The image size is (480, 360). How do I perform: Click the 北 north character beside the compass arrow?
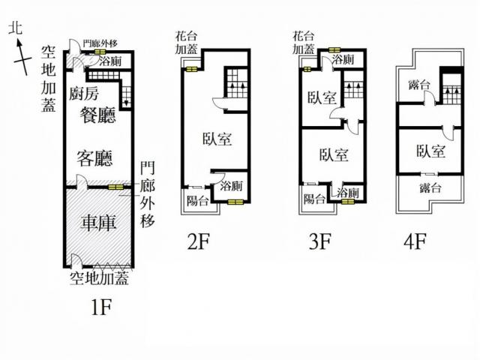pyautogui.click(x=16, y=28)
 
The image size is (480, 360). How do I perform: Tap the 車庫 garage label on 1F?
pyautogui.click(x=98, y=223)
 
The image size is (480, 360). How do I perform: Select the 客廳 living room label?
pyautogui.click(x=95, y=158)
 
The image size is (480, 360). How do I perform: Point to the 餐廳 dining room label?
pyautogui.click(x=98, y=115)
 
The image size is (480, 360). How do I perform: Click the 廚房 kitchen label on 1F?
pyautogui.click(x=83, y=93)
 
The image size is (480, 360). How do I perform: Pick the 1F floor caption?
pyautogui.click(x=101, y=307)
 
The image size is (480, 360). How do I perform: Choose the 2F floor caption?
pyautogui.click(x=198, y=241)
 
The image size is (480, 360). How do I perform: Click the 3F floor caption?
pyautogui.click(x=320, y=241)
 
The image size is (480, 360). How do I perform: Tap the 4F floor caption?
pyautogui.click(x=415, y=241)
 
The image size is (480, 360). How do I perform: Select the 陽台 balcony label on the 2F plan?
pyautogui.click(x=198, y=201)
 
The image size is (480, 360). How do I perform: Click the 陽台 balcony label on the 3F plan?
pyautogui.click(x=314, y=199)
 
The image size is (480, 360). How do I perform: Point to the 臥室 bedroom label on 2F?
pyautogui.click(x=217, y=139)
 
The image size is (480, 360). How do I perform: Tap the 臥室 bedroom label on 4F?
pyautogui.click(x=430, y=151)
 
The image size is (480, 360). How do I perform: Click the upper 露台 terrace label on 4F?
pyautogui.click(x=419, y=85)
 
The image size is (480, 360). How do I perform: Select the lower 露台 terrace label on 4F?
pyautogui.click(x=430, y=187)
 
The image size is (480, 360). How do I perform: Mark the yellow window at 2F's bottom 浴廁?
pyautogui.click(x=235, y=202)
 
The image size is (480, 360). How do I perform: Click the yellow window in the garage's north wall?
pyautogui.click(x=116, y=187)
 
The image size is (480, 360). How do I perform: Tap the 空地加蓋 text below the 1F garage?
pyautogui.click(x=99, y=278)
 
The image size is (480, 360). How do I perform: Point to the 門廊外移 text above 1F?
pyautogui.click(x=100, y=43)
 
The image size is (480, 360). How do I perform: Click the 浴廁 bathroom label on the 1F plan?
pyautogui.click(x=110, y=61)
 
